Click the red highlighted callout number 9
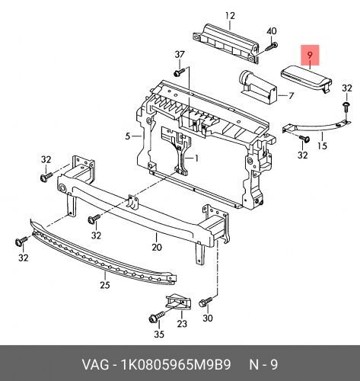(310, 55)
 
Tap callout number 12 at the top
(230, 16)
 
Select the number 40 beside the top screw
(272, 31)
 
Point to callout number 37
(180, 54)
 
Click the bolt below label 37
(179, 72)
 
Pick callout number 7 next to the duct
(291, 96)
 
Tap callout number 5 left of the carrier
(128, 136)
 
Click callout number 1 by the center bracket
(196, 158)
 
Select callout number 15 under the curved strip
(322, 146)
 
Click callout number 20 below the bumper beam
(157, 247)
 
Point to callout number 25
(105, 285)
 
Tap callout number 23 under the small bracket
(182, 324)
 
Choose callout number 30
(208, 318)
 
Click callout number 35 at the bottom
(159, 334)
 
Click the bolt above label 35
(157, 317)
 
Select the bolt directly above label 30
(205, 302)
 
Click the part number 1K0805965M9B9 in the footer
(177, 365)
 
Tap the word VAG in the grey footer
(95, 365)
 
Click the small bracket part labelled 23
(179, 303)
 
